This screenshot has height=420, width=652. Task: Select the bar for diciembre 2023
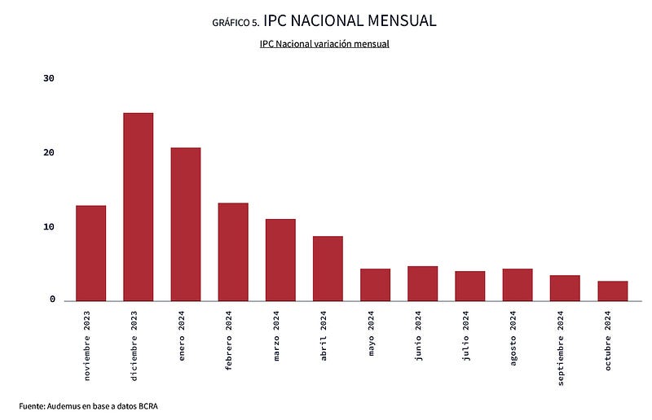tap(138, 207)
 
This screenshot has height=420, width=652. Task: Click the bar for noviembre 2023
tap(90, 253)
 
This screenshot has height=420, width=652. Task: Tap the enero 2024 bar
tap(185, 224)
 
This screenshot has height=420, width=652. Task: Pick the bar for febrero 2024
tap(233, 252)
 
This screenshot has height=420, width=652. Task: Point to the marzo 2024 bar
tap(280, 260)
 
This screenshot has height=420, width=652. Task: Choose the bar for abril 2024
tap(328, 269)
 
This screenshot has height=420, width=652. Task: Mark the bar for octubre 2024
tap(612, 291)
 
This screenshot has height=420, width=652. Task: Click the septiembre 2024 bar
tap(565, 288)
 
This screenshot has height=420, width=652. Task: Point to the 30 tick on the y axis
tap(49, 79)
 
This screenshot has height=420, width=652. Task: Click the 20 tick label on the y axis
tap(49, 153)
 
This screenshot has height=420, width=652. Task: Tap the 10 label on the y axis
tap(49, 227)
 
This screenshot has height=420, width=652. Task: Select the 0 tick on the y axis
tap(52, 300)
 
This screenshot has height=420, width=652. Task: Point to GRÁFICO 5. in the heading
tap(235, 23)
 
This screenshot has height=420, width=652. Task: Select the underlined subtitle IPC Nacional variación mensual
tap(324, 43)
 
